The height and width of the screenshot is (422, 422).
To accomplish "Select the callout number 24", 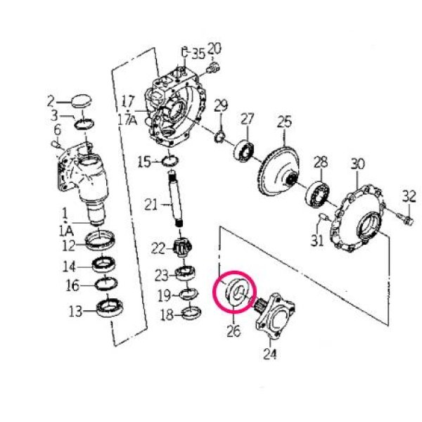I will [x=270, y=354].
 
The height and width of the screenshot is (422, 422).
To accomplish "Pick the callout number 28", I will [x=321, y=162].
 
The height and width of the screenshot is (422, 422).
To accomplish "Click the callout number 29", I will [x=221, y=106].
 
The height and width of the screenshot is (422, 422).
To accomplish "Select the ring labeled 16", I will [x=106, y=284].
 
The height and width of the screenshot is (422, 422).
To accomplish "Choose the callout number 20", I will [x=215, y=49].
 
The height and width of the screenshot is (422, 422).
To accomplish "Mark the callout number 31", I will [x=317, y=241].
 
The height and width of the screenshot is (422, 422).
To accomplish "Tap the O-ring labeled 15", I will [x=170, y=162].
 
